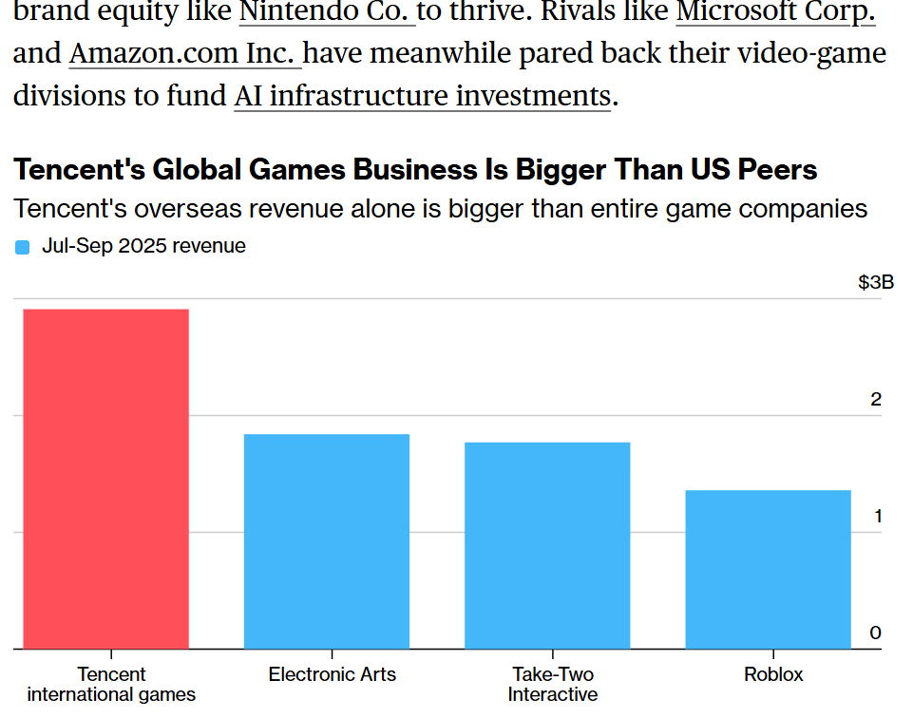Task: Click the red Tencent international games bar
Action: tap(105, 479)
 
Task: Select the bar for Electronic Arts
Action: tap(327, 541)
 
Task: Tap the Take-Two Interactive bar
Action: tap(547, 545)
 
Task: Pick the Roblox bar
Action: tap(768, 569)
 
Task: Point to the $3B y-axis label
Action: tap(875, 282)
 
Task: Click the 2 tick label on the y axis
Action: tap(876, 399)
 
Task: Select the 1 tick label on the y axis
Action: tap(876, 516)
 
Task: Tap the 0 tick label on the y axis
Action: tap(876, 633)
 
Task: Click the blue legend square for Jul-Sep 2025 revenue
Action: tap(23, 247)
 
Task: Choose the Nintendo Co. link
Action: tap(327, 12)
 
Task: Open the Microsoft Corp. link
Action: tap(775, 12)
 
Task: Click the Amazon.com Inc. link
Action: tap(185, 53)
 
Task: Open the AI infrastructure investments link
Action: tap(422, 96)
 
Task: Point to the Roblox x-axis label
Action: tap(773, 674)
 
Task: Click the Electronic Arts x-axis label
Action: tap(333, 674)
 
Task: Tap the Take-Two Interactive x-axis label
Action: tap(553, 684)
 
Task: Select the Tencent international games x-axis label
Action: tap(111, 684)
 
